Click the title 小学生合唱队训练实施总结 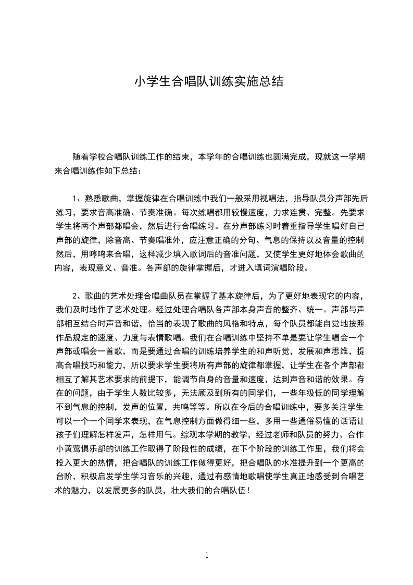(x=209, y=81)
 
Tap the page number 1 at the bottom (x=207, y=555)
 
